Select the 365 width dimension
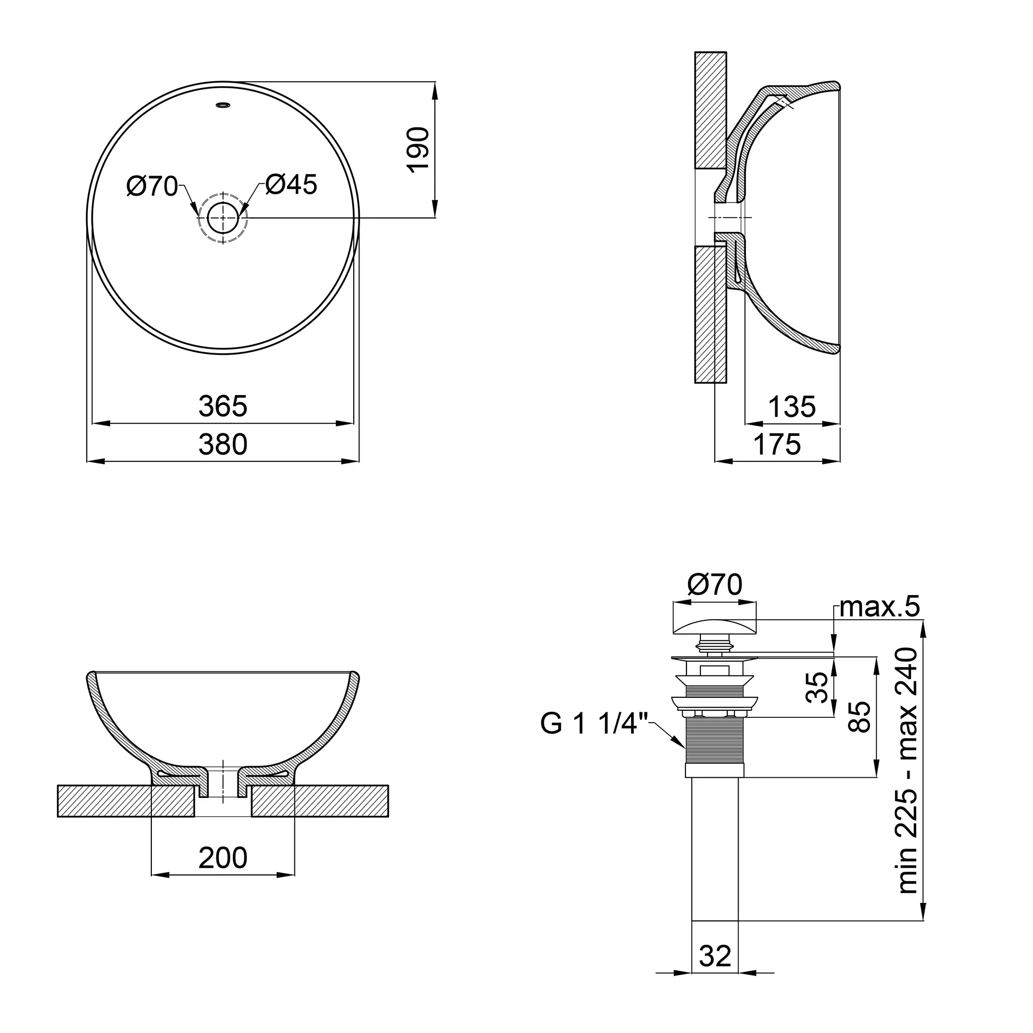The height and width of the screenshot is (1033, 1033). [x=223, y=406]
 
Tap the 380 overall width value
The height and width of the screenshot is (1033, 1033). [x=223, y=445]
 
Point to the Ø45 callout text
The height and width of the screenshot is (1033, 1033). [x=291, y=185]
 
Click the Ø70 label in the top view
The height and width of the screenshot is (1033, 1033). [x=152, y=186]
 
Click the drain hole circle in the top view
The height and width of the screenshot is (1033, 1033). [x=223, y=218]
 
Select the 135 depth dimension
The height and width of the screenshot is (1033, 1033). [x=792, y=408]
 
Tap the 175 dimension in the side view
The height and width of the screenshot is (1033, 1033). [x=777, y=445]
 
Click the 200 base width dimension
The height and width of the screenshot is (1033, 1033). [x=223, y=858]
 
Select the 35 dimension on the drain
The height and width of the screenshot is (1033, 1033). [x=817, y=687]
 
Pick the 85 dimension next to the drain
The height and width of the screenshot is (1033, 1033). [x=860, y=717]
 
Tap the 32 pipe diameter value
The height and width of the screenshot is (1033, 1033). [x=715, y=956]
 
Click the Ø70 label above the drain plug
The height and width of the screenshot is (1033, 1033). [x=715, y=584]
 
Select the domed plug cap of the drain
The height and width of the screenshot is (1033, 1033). [x=715, y=626]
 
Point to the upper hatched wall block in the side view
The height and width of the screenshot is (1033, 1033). [x=710, y=109]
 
